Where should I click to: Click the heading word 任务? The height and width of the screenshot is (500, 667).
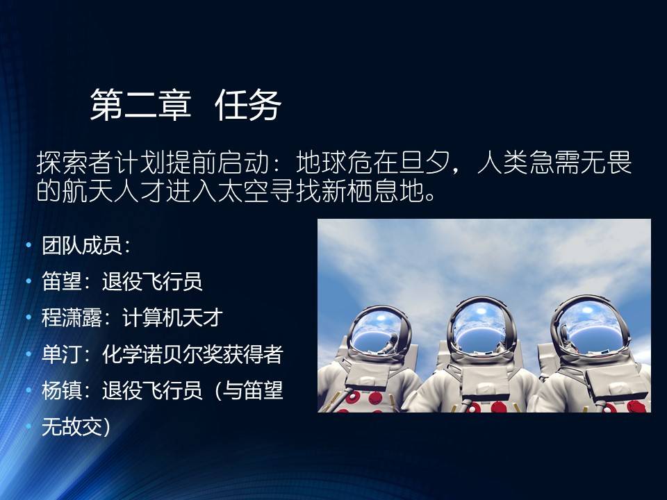[248, 105]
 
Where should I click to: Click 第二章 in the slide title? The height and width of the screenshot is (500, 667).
[141, 105]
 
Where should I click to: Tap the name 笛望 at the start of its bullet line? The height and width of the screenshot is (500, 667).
[62, 281]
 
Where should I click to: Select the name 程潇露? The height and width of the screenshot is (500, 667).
[72, 317]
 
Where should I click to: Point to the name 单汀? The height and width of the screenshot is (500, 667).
[62, 353]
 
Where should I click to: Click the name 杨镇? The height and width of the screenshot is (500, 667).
[62, 390]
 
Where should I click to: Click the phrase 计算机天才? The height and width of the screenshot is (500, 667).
[172, 317]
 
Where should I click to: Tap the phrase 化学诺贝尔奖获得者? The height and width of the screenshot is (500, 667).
[192, 353]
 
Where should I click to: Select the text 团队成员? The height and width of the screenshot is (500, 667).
[82, 245]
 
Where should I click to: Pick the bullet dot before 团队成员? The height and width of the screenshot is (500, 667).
[28, 245]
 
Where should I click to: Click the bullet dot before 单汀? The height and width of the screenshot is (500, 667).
[28, 353]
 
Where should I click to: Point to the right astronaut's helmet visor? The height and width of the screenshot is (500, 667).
[591, 324]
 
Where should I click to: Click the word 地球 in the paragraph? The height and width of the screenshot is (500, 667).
[322, 162]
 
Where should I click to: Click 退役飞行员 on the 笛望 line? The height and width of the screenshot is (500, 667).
[152, 281]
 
